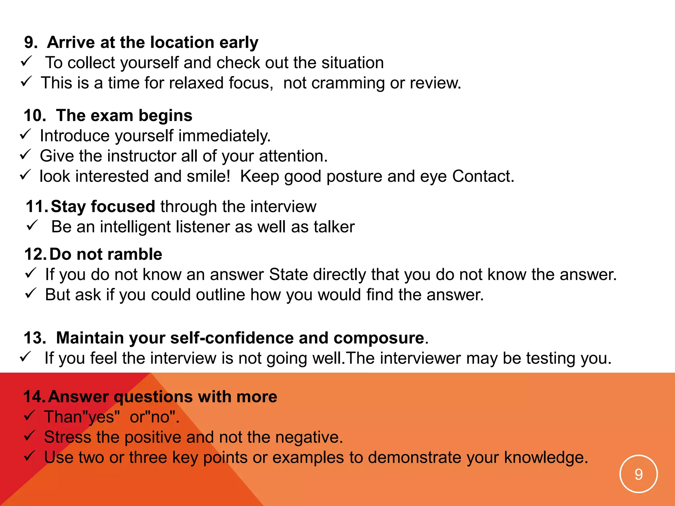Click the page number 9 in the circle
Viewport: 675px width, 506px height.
click(x=638, y=474)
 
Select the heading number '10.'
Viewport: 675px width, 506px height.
click(x=35, y=116)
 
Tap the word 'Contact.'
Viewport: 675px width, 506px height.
click(x=483, y=177)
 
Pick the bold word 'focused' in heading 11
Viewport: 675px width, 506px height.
click(x=123, y=207)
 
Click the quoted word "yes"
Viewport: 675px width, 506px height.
click(x=100, y=417)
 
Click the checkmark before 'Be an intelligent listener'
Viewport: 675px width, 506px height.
click(x=32, y=226)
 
